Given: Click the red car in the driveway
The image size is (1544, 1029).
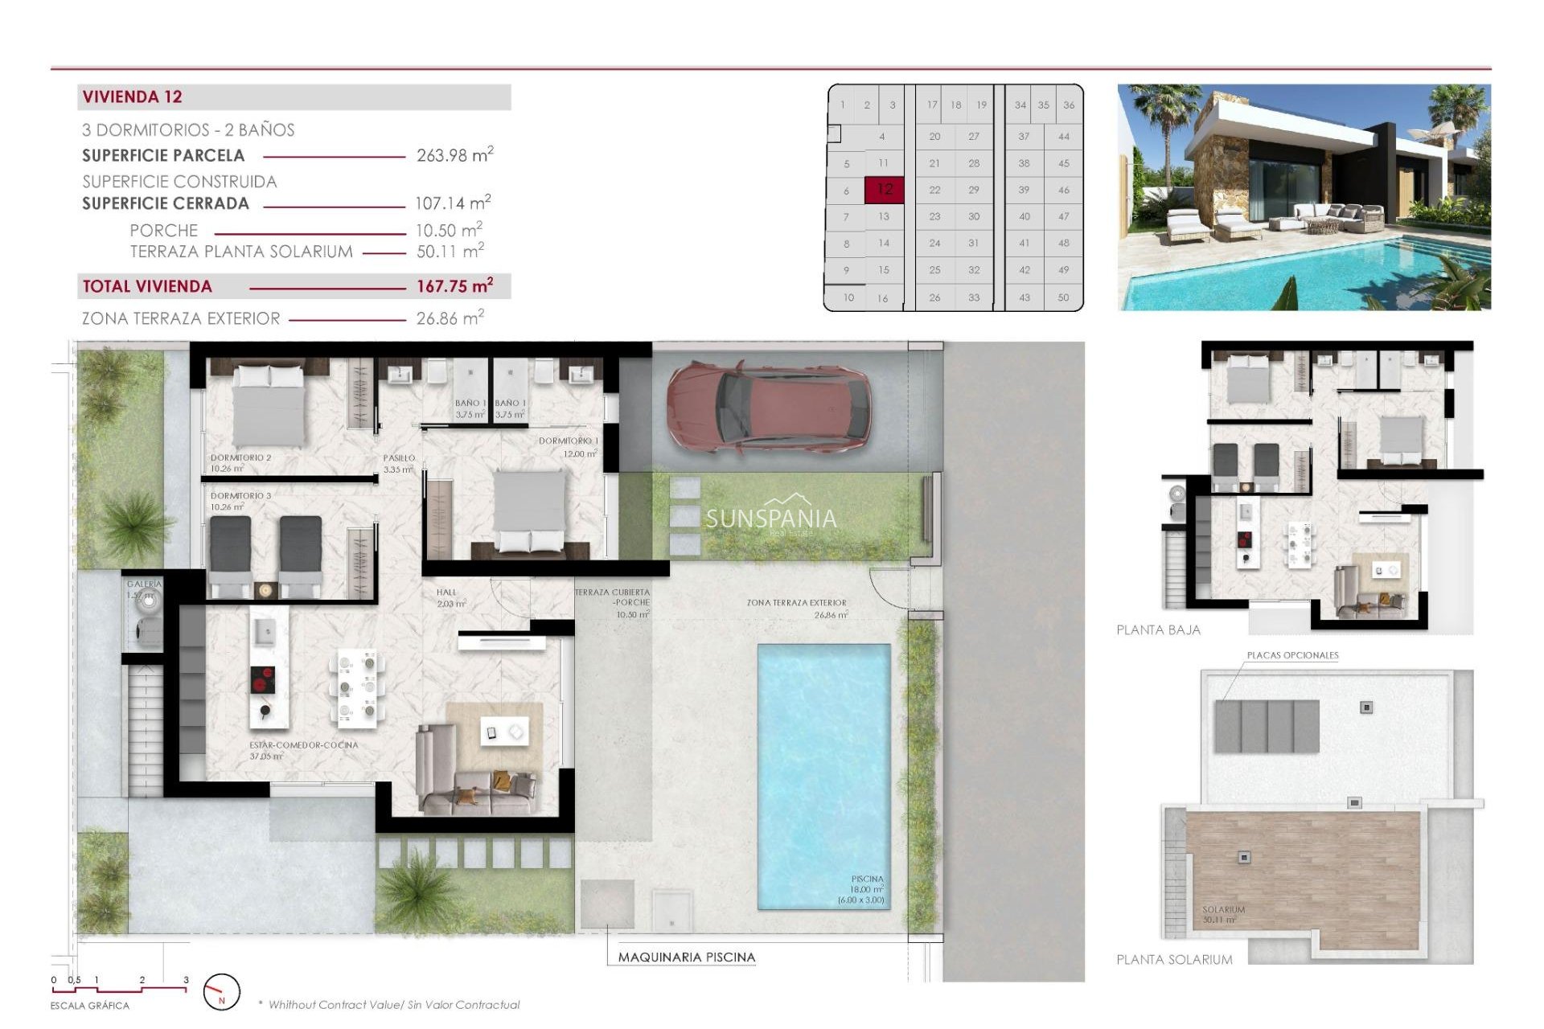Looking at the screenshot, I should click(x=768, y=406).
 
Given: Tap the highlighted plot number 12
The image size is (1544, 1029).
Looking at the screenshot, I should click(x=885, y=190).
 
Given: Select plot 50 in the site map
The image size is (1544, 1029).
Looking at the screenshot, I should click(x=1063, y=297).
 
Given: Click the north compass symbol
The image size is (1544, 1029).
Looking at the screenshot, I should click(x=221, y=992).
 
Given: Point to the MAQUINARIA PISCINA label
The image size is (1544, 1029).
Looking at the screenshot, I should click(x=686, y=957).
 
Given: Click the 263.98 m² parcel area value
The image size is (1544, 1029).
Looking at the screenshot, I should click(x=454, y=155).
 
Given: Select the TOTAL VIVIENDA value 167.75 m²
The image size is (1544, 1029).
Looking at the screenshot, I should click(x=454, y=286).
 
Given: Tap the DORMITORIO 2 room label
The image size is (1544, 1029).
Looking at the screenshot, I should click(x=240, y=457).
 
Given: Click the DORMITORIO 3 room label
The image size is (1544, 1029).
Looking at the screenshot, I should click(x=240, y=496).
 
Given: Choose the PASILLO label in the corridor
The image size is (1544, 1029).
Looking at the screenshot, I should click(x=399, y=458).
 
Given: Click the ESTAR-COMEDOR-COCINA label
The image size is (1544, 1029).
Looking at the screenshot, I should click(x=303, y=745).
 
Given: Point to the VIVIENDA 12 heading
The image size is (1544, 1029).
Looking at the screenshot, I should click(x=133, y=97).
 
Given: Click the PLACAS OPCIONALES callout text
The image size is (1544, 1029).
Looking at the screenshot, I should click(x=1292, y=655).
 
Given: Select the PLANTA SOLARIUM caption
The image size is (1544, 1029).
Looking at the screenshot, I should click(x=1174, y=960).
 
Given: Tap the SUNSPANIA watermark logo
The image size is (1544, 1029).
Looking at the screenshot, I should click(x=770, y=519).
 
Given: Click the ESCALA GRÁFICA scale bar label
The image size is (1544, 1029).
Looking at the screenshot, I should click(x=89, y=1006).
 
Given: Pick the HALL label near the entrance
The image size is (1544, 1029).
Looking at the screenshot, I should click(x=446, y=592).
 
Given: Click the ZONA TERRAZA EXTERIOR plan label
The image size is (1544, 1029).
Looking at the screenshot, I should click(x=796, y=603).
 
